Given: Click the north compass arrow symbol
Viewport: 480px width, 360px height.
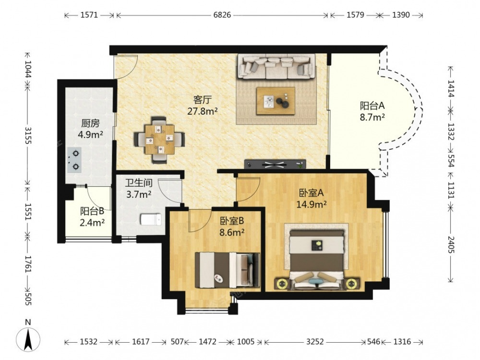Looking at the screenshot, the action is (x=28, y=339).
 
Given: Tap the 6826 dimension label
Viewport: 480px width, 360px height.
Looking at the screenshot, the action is (x=222, y=15).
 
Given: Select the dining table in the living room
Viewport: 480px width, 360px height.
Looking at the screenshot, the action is (x=159, y=140).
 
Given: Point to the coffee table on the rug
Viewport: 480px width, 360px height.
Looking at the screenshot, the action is (x=276, y=101).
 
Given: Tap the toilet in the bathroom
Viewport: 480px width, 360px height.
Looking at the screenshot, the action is (x=151, y=219).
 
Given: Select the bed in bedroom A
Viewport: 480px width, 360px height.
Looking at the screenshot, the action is (x=317, y=259).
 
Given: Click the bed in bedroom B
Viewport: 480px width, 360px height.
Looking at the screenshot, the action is (x=227, y=270).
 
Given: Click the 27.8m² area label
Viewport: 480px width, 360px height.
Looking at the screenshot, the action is (x=203, y=111).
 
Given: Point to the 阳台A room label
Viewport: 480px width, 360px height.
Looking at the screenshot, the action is (x=372, y=106).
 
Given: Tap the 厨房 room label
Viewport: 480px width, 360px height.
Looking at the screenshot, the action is (x=90, y=123).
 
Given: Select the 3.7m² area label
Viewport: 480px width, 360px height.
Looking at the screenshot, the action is (x=139, y=194).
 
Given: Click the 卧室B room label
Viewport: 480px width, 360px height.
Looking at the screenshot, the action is (x=232, y=221).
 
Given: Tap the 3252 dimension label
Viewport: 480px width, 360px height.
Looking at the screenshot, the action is (x=315, y=342).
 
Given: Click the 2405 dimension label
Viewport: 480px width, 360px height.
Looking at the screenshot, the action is (x=450, y=244).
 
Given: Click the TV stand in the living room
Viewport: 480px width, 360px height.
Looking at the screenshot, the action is (x=275, y=164).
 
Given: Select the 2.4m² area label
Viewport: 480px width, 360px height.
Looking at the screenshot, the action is (x=92, y=223).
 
